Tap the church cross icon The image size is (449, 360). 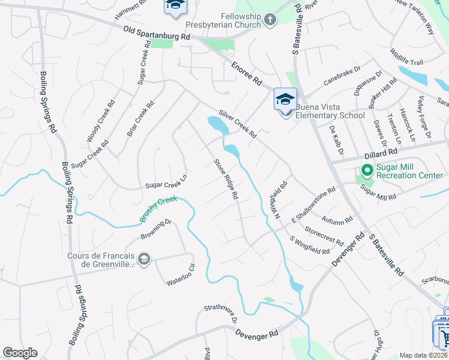click(x=270, y=20)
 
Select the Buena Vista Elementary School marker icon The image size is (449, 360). click(x=285, y=98)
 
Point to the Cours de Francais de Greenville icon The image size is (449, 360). click(x=143, y=259)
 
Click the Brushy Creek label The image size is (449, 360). click(x=159, y=209)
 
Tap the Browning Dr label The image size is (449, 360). click(x=157, y=229)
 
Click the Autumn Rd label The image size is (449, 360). click(x=336, y=220)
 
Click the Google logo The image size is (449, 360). click(x=20, y=352)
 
